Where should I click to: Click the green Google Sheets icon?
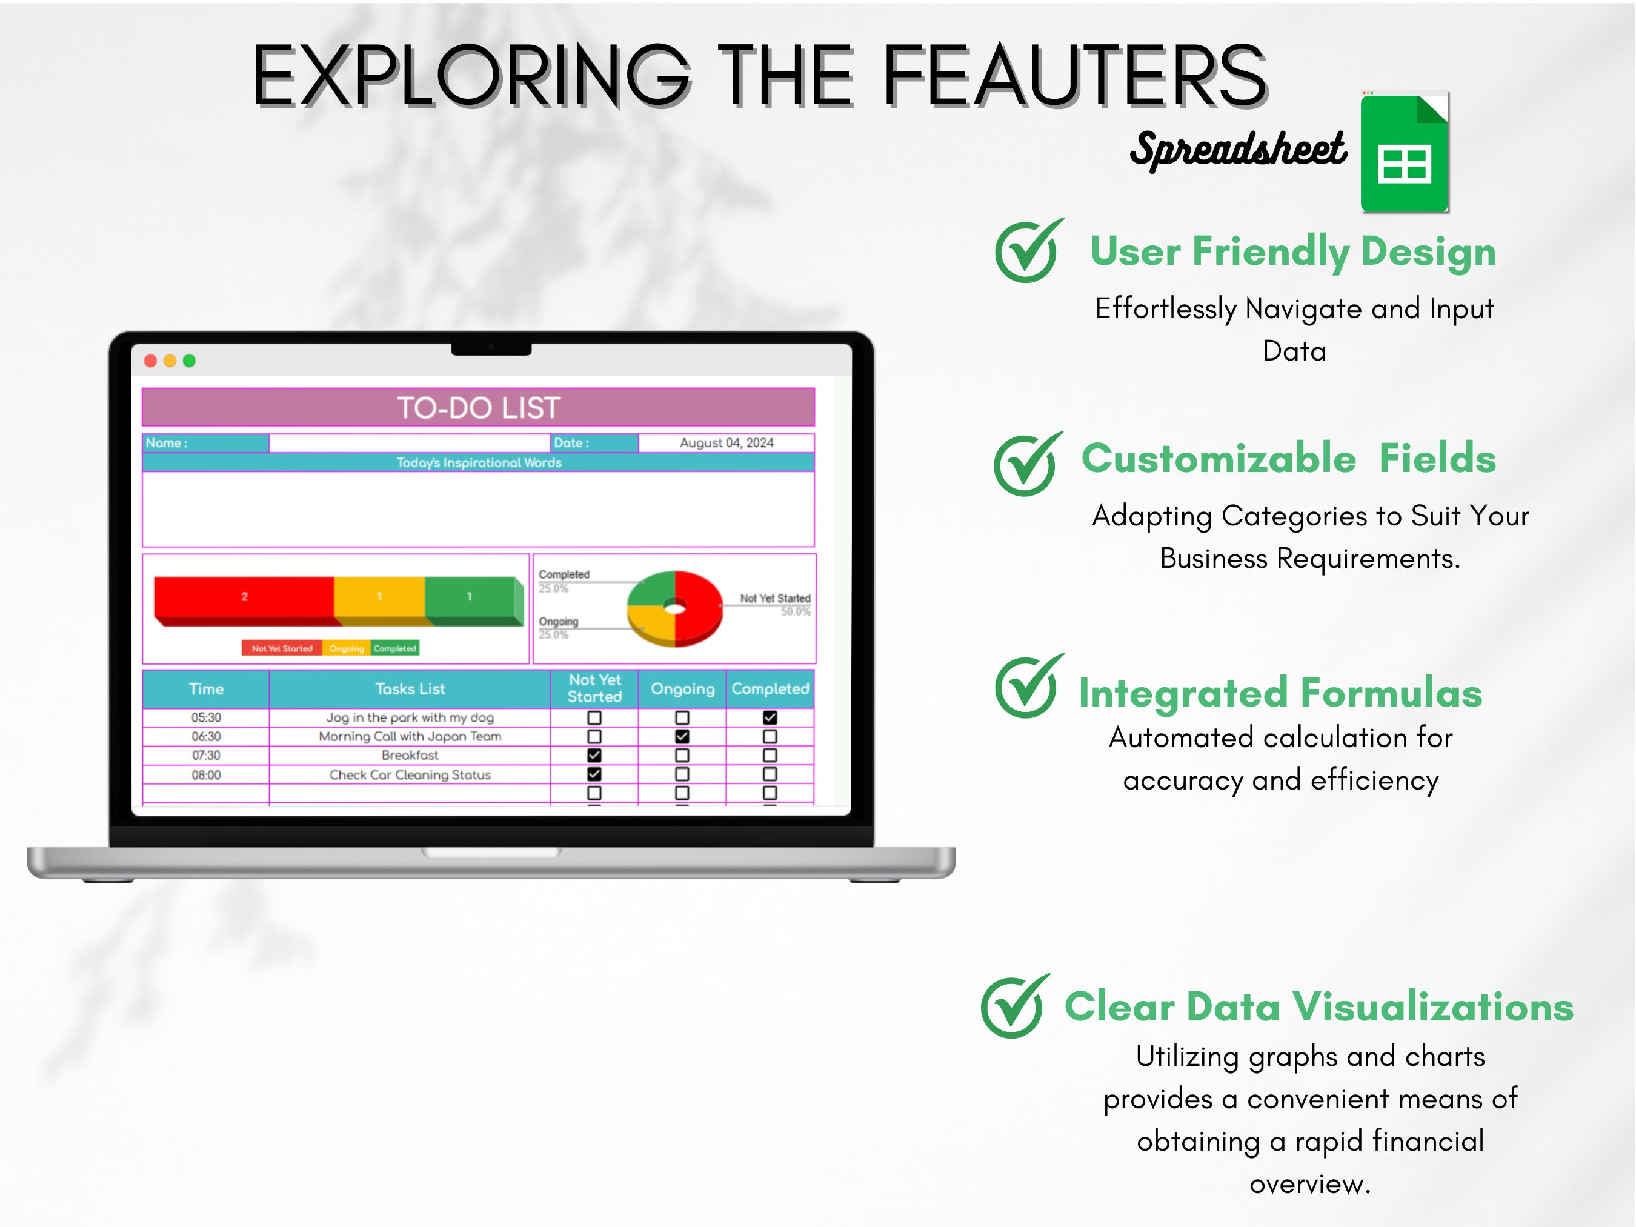pos(1404,153)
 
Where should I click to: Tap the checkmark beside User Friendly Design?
pos(1028,251)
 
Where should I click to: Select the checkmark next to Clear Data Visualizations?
pos(1014,1006)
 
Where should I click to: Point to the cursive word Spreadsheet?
pos(1238,150)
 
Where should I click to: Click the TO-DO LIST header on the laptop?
pos(479,408)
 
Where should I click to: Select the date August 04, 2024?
pos(727,443)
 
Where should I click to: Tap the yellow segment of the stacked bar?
pos(379,597)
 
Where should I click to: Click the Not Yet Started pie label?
pos(775,598)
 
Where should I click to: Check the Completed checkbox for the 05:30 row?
pos(770,717)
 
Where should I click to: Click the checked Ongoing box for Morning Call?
pos(682,737)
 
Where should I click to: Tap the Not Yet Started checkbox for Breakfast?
pos(594,755)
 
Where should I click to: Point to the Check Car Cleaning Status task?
pos(410,775)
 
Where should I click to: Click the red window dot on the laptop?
pos(150,361)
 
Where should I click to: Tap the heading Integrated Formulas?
pos(1280,694)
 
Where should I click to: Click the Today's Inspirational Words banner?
pos(479,463)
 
